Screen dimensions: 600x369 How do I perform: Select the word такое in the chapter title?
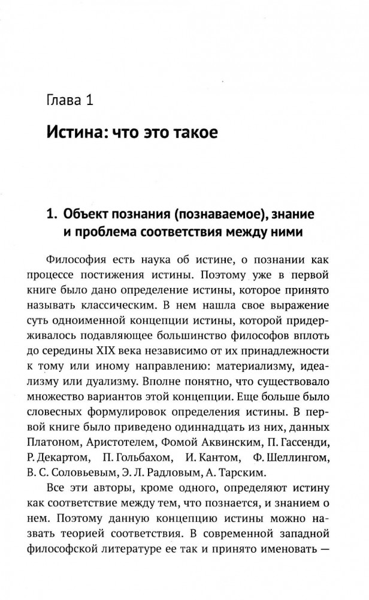click(x=191, y=132)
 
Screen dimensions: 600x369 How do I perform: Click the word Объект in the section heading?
click(x=87, y=213)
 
